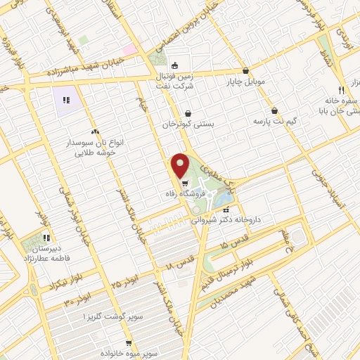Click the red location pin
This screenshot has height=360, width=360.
pyautogui.click(x=181, y=166)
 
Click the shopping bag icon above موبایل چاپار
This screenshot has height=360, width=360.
pyautogui.click(x=245, y=71)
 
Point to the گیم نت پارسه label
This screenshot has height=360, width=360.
pyautogui.click(x=278, y=121)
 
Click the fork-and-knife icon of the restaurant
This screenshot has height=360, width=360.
pyautogui.click(x=340, y=90)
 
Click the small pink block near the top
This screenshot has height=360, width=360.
pyautogui.click(x=130, y=50)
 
